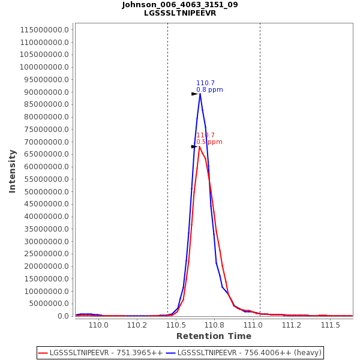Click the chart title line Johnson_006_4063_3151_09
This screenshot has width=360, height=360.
point(180,5)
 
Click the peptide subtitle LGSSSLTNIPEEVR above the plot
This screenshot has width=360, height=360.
point(180,13)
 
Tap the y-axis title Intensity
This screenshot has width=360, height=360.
point(12,171)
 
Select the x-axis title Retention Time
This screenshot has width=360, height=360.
point(214,336)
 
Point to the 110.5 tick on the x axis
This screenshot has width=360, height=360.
point(176,325)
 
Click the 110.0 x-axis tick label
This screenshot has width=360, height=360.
point(98,325)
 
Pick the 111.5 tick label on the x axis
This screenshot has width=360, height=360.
point(331,325)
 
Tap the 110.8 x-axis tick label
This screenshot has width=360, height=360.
point(214,325)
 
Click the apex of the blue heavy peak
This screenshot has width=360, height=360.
point(200,94)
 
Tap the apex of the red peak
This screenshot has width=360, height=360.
point(200,146)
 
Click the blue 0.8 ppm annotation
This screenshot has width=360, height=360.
point(209,90)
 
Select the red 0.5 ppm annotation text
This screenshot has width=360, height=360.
point(209,142)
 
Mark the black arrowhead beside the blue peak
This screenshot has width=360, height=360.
point(194,94)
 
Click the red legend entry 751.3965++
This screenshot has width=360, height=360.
point(100,353)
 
